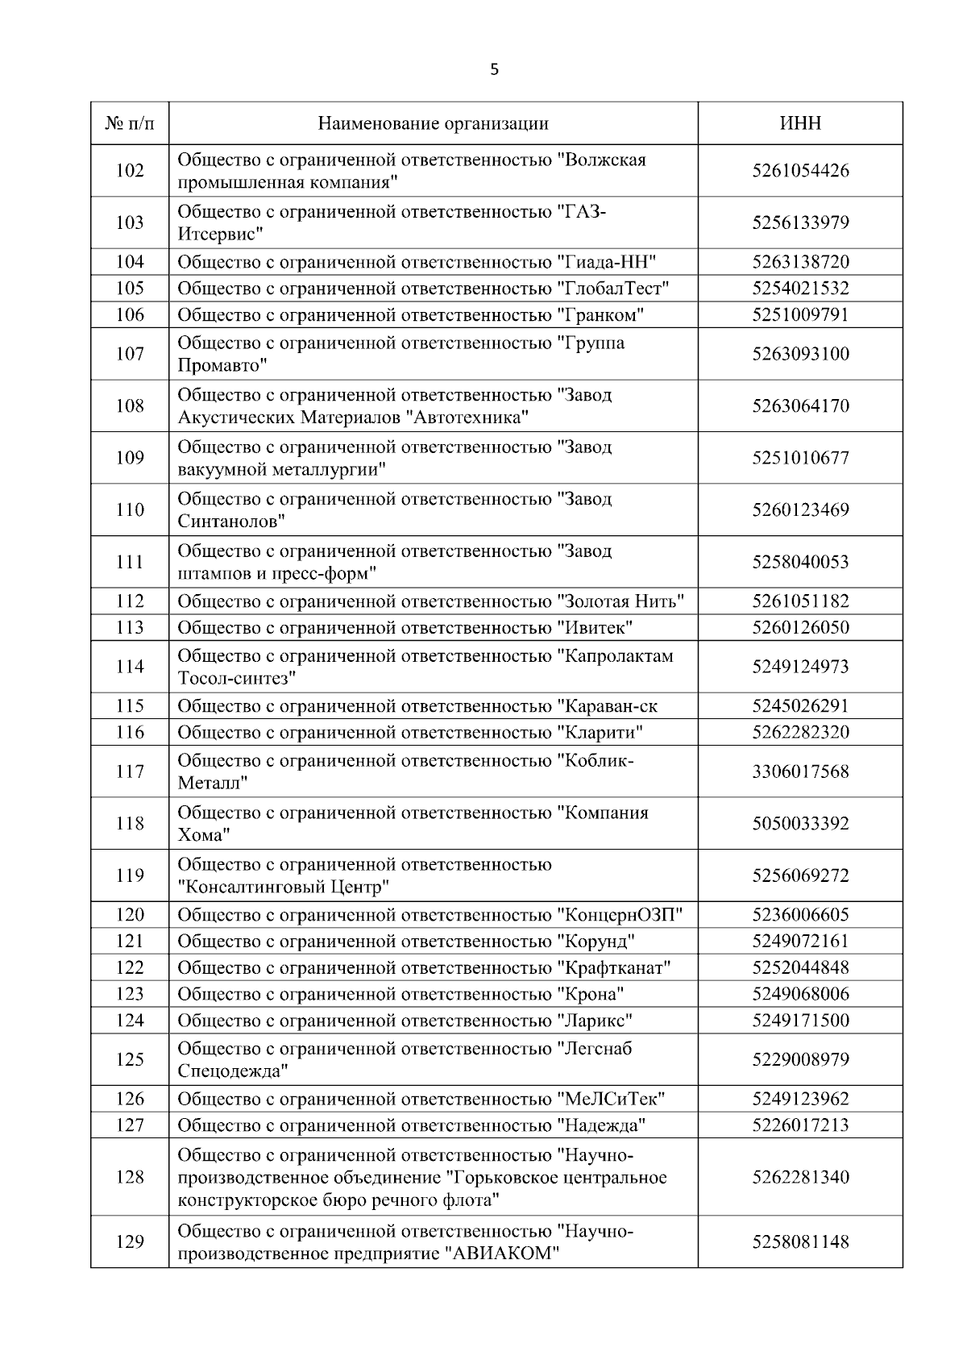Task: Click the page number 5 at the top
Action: (494, 70)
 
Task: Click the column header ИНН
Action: (800, 123)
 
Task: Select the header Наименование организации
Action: (433, 123)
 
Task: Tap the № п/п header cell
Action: (130, 123)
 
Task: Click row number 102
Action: (130, 171)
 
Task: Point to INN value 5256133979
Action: (800, 222)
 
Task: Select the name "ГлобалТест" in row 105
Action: (614, 289)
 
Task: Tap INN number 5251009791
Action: (800, 314)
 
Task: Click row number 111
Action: (130, 562)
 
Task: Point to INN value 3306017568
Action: (800, 771)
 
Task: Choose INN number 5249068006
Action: (800, 994)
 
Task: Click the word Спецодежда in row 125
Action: (233, 1071)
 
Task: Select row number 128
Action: (130, 1177)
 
